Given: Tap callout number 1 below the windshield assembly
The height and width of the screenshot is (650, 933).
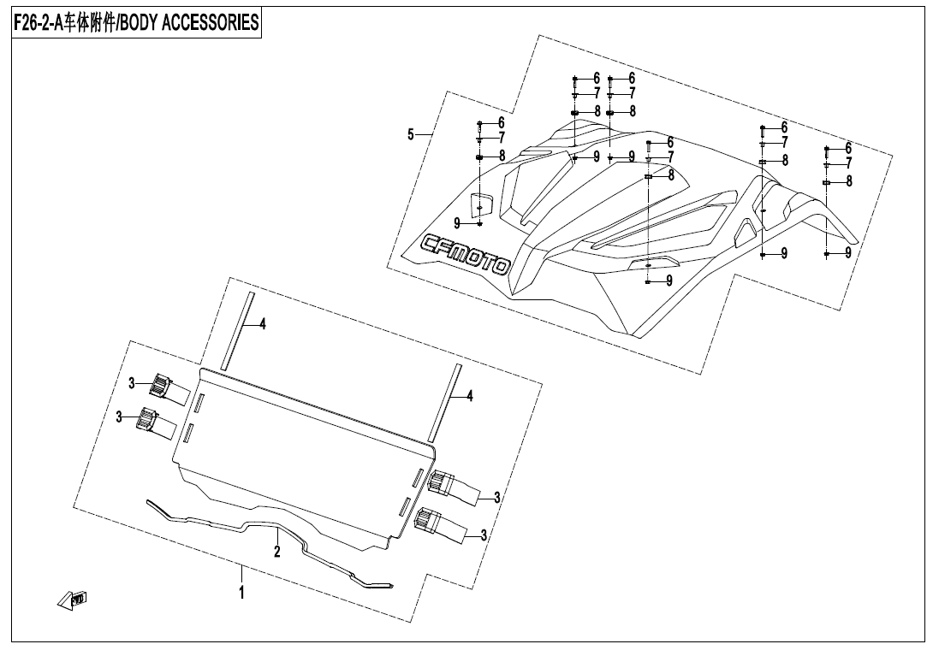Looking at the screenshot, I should pyautogui.click(x=242, y=591).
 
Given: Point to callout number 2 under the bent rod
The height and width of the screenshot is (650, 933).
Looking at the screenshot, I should pyautogui.click(x=277, y=552).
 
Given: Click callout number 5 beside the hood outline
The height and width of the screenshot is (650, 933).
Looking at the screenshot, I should pyautogui.click(x=411, y=134).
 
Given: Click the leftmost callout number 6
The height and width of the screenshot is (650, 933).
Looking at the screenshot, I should pyautogui.click(x=501, y=123).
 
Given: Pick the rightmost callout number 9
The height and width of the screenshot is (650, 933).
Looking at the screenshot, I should pyautogui.click(x=847, y=253).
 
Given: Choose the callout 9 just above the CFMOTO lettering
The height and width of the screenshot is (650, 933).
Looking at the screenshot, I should pyautogui.click(x=458, y=223).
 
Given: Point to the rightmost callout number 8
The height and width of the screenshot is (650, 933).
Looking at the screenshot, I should pyautogui.click(x=848, y=181).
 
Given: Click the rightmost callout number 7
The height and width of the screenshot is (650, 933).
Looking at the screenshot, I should pyautogui.click(x=848, y=163).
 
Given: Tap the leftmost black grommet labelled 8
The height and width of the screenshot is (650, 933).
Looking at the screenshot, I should pyautogui.click(x=480, y=157).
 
